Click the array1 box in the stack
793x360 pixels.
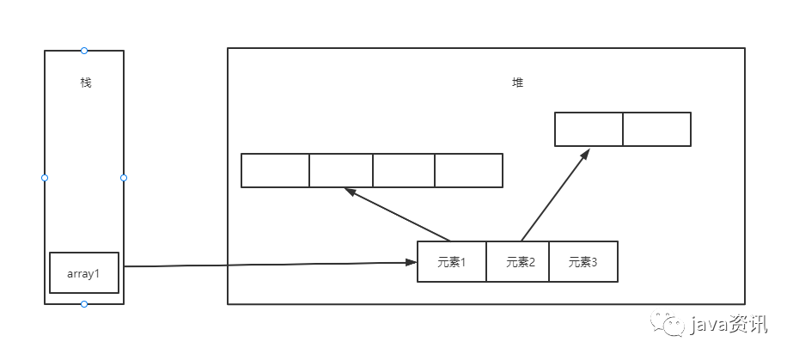[x=84, y=272]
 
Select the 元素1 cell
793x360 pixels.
[x=452, y=262]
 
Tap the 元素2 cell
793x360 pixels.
[x=518, y=262]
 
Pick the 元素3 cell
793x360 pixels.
[x=583, y=262]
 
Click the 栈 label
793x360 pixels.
[x=84, y=83]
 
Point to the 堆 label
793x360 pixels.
[x=517, y=83]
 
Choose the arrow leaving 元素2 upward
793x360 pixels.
[x=555, y=195]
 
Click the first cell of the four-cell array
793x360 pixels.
[x=275, y=170]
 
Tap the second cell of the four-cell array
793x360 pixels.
[x=341, y=170]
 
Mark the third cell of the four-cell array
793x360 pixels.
[x=404, y=170]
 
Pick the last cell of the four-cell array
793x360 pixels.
[x=468, y=170]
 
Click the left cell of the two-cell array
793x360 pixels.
[x=589, y=129]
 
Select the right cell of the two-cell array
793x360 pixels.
[x=656, y=129]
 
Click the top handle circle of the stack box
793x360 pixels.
[x=84, y=51]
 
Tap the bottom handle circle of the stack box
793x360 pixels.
[x=84, y=304]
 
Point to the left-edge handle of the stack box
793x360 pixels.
[x=45, y=178]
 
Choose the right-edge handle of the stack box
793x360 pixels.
[x=124, y=178]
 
